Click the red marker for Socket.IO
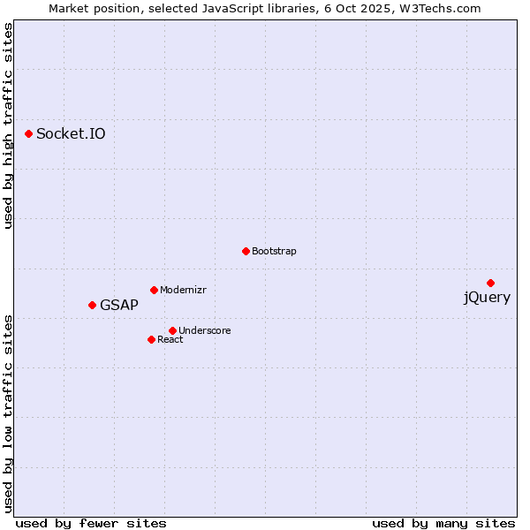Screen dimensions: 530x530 [29, 133]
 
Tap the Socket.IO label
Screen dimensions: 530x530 [71, 134]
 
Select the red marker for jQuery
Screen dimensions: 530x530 [490, 283]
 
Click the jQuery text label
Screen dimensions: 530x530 [487, 298]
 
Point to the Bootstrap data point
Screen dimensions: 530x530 [246, 251]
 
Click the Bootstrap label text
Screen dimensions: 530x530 [274, 252]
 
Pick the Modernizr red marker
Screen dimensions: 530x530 [154, 290]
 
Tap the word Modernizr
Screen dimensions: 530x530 [183, 291]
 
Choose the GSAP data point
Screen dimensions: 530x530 [92, 305]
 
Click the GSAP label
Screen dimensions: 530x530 [119, 306]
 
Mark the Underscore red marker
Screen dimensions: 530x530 [172, 330]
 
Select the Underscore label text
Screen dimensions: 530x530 [204, 331]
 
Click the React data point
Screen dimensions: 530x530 [151, 339]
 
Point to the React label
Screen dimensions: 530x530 [170, 340]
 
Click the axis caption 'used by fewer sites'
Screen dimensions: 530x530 [91, 523]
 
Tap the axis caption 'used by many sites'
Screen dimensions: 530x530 [443, 523]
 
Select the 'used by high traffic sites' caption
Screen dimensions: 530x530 [9, 126]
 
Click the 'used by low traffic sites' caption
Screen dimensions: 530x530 [9, 413]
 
